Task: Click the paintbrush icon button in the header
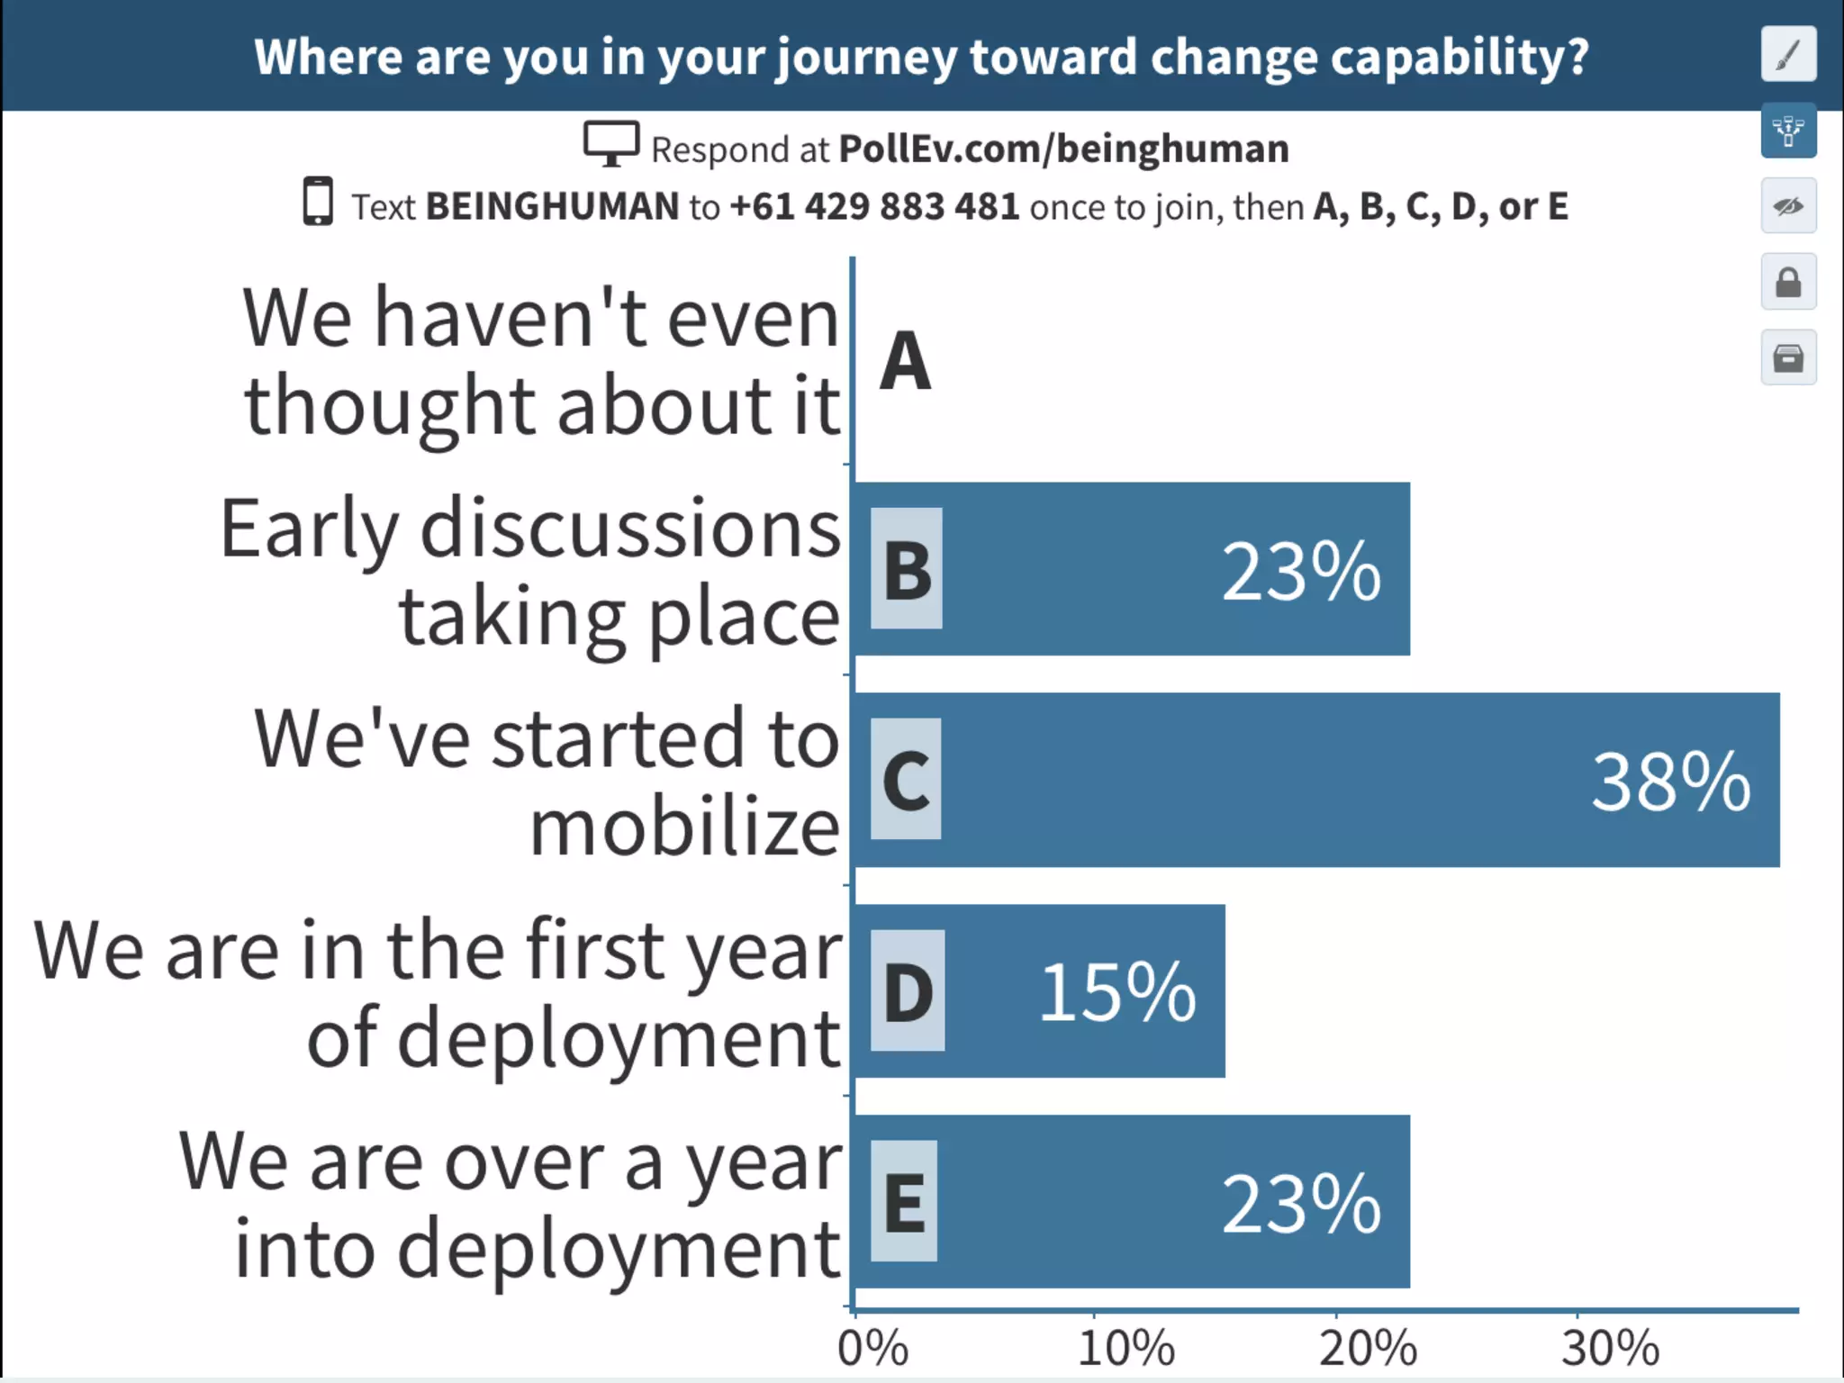(1788, 54)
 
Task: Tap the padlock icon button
(1788, 282)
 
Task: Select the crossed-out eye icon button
(1788, 206)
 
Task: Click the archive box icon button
(1788, 357)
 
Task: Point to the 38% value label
(1670, 782)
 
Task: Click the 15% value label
(1117, 991)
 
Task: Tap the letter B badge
(907, 569)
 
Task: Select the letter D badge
(908, 990)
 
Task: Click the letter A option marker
(905, 360)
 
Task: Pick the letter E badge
(904, 1201)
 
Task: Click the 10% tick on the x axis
(1125, 1348)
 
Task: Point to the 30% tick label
(1610, 1348)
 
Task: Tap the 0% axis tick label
(872, 1348)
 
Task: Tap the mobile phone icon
(317, 202)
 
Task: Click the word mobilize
(684, 827)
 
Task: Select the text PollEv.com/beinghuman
(1063, 149)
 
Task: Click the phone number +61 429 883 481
(874, 206)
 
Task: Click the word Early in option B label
(309, 529)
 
